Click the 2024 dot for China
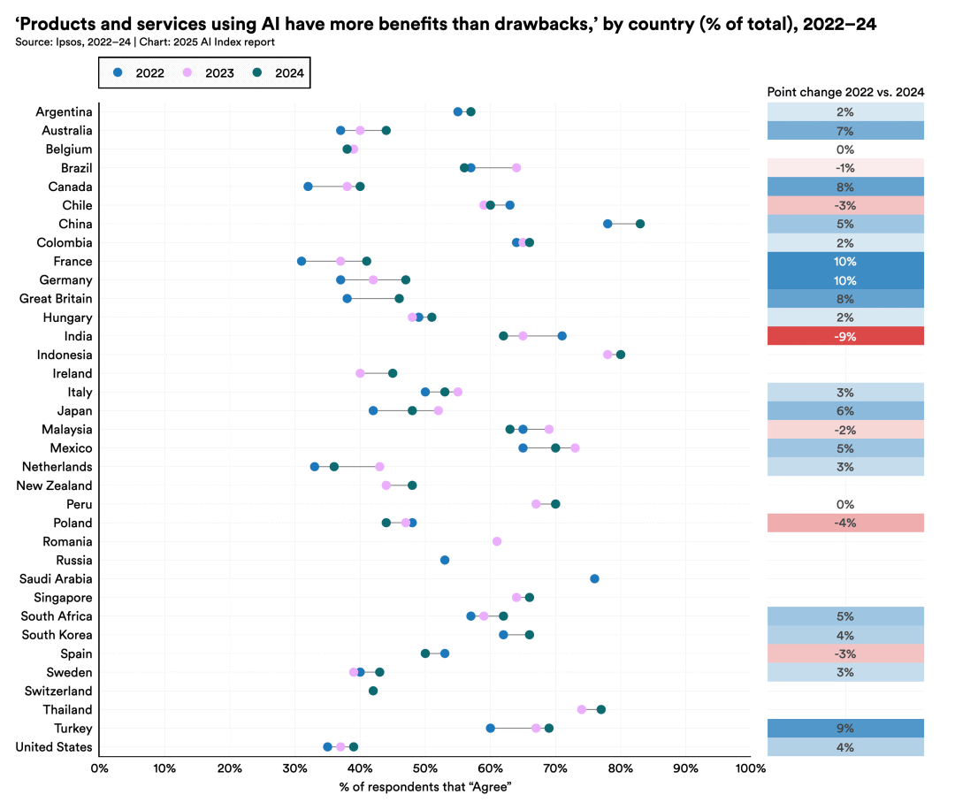(640, 224)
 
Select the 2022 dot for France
(302, 261)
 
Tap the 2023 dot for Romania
(496, 541)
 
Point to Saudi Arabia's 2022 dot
(594, 578)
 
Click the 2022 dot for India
(562, 336)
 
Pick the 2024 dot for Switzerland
(373, 691)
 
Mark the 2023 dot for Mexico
(575, 448)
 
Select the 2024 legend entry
(279, 73)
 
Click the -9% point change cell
(844, 336)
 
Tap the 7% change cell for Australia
(844, 131)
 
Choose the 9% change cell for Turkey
(844, 729)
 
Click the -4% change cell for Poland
(844, 523)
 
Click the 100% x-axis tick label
(750, 768)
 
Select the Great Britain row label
(56, 299)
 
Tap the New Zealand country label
(55, 485)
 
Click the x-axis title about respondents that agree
(424, 786)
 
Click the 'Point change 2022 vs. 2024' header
(844, 91)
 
